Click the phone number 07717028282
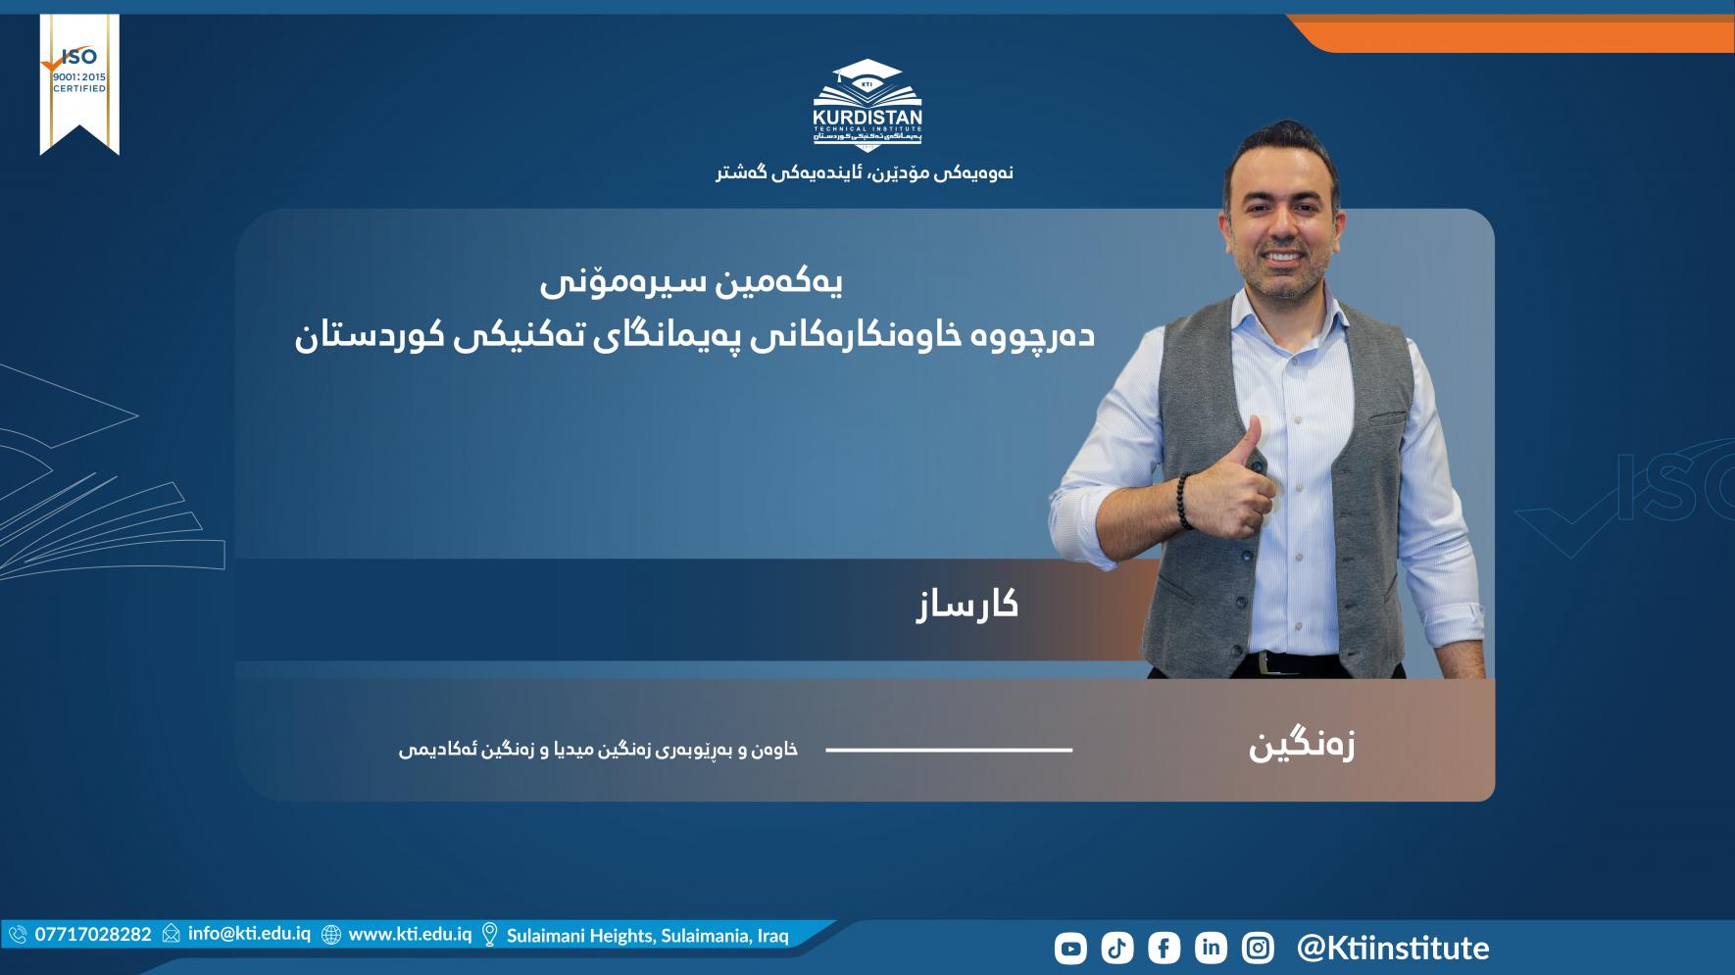93,934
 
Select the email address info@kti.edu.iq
249,934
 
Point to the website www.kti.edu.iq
410,934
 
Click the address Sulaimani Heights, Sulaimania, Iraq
647,936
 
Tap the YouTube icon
1070,948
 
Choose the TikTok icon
1117,948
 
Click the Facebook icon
1164,948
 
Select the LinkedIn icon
1211,948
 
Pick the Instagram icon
1258,948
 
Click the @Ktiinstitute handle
1393,948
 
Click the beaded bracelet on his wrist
1185,501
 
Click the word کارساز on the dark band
967,605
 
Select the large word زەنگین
1302,746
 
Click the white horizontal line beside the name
949,750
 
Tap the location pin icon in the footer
489,935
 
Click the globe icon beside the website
331,935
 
